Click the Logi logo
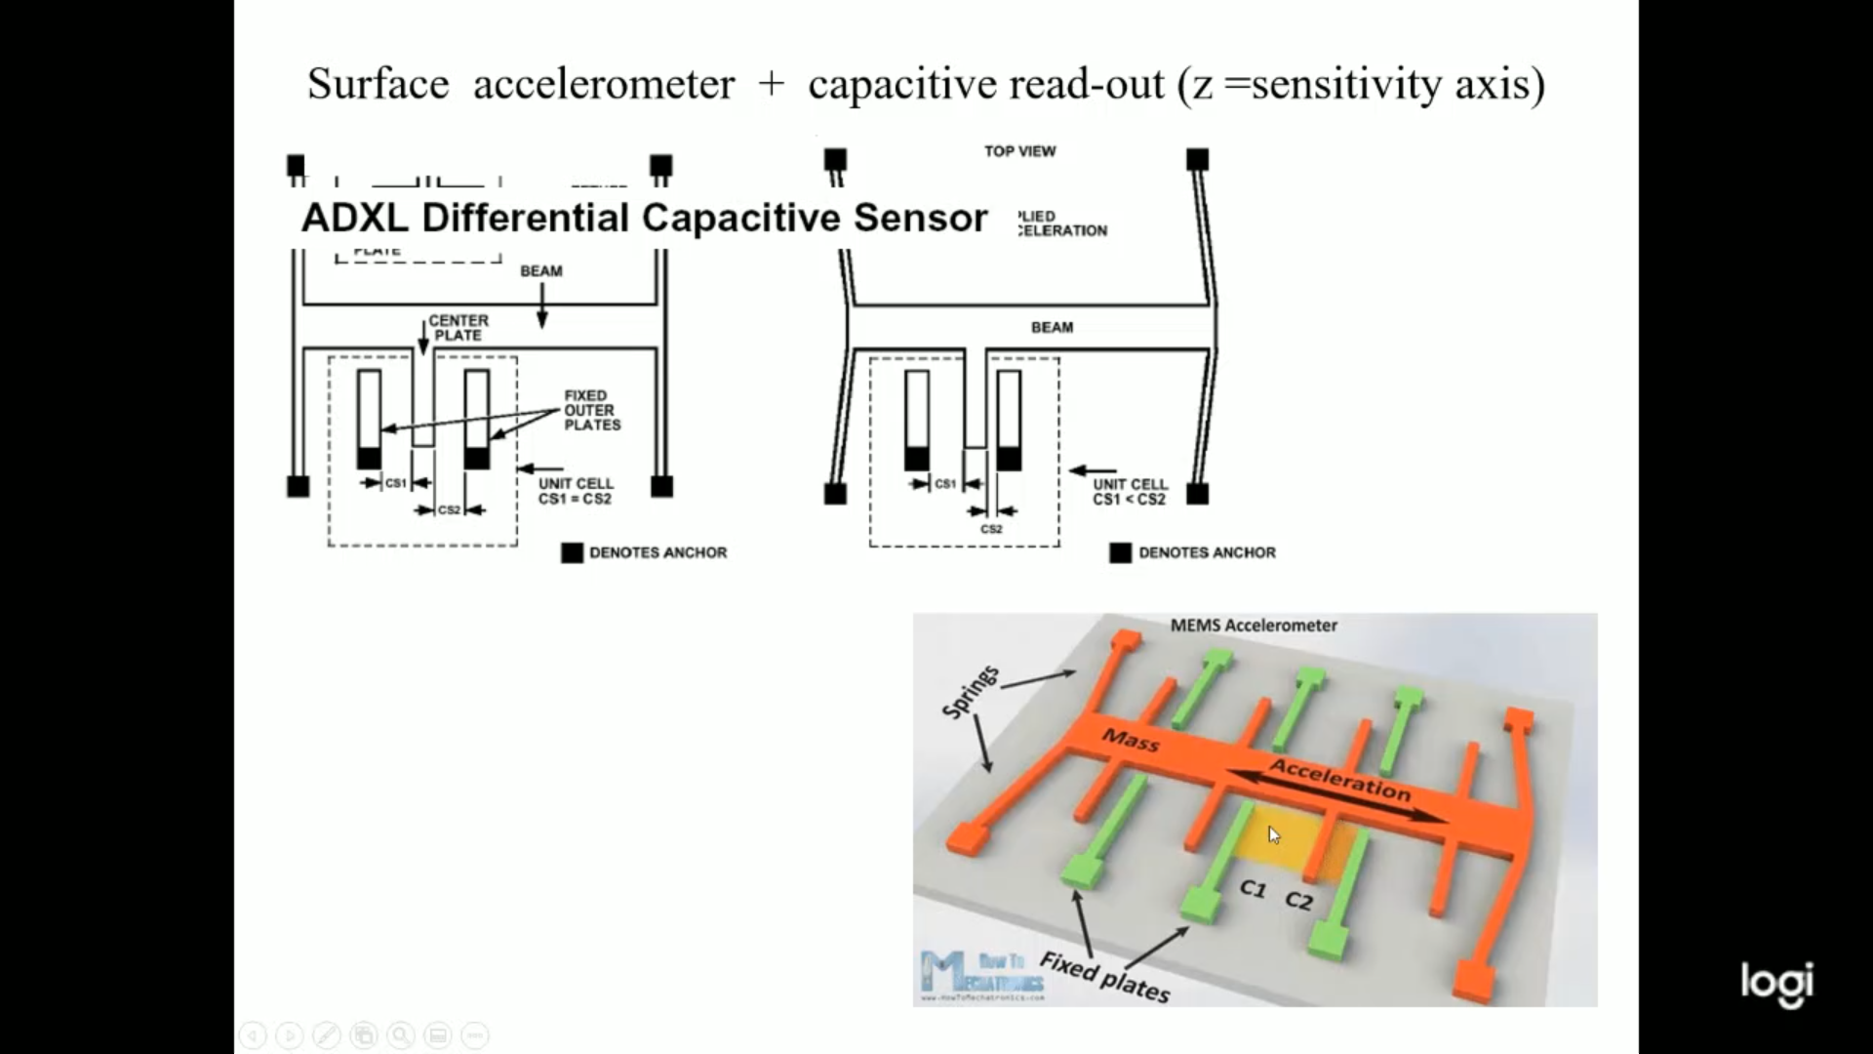click(1777, 983)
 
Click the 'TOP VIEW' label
click(1019, 151)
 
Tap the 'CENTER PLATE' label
click(458, 328)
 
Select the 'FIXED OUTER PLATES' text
click(591, 410)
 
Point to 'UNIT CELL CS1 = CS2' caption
click(576, 491)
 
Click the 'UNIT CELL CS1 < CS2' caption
click(1130, 492)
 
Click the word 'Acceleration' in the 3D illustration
click(1340, 780)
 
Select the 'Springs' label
click(971, 692)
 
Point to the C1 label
click(1253, 889)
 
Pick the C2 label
click(1298, 901)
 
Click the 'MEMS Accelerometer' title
click(1254, 626)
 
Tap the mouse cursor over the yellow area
click(1273, 834)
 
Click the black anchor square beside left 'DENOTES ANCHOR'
click(573, 553)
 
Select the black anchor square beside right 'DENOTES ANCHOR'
click(1121, 553)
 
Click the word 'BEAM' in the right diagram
click(1052, 328)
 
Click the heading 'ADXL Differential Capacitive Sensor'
click(644, 218)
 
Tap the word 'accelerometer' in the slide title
click(603, 84)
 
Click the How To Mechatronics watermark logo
click(982, 975)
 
